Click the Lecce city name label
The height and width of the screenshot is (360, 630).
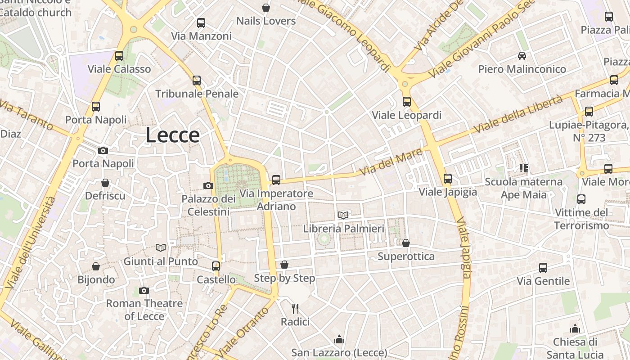(172, 135)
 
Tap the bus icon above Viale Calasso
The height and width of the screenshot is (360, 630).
(119, 56)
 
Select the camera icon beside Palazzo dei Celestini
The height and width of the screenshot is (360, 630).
(208, 185)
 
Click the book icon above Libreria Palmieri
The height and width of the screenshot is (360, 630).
(343, 215)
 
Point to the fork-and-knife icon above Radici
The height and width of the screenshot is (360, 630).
(295, 308)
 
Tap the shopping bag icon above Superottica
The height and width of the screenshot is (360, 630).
(406, 243)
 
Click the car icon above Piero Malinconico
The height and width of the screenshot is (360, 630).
(522, 56)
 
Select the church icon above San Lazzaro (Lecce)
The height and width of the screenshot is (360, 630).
(339, 339)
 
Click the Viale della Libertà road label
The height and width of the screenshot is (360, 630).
(518, 113)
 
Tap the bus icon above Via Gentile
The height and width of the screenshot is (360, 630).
(543, 268)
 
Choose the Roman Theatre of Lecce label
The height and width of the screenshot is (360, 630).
(144, 310)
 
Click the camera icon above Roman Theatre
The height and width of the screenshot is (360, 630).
(144, 290)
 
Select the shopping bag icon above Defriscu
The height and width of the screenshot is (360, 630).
(105, 183)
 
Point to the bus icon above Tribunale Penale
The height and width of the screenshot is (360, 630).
(197, 81)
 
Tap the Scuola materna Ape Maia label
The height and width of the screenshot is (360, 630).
(523, 188)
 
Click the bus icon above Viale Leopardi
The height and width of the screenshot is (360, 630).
(407, 102)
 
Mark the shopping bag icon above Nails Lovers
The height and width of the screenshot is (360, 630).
(266, 8)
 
